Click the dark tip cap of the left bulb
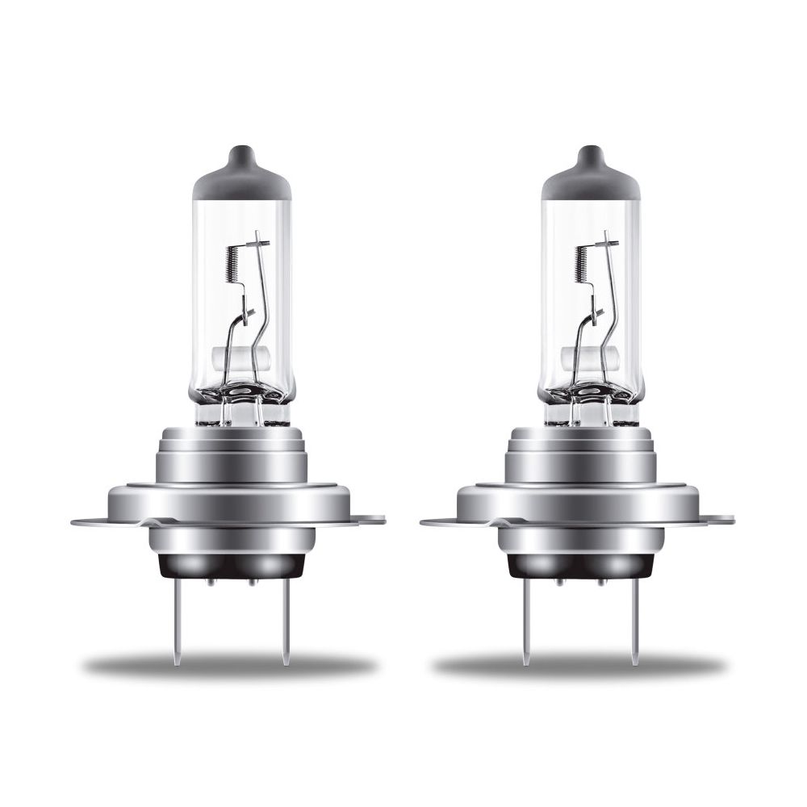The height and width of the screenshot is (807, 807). pos(242,174)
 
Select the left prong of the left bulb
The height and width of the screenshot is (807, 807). pos(176,629)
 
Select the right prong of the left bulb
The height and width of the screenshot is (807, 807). pos(283,629)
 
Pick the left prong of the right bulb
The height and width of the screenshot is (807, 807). pos(525,629)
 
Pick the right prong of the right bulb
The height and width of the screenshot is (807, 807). pos(633,629)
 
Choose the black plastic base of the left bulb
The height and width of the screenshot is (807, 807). pos(229,570)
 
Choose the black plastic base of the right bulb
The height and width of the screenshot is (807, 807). pos(579,570)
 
